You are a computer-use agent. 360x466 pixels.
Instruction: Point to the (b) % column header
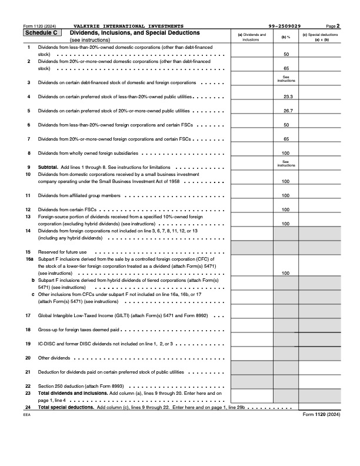(285, 37)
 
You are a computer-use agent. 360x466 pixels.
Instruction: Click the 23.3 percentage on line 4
(286, 96)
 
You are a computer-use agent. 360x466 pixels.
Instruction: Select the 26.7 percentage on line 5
(286, 111)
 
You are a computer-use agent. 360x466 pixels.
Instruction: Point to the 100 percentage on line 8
(286, 153)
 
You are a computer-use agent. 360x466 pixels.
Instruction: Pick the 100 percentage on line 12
(286, 209)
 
